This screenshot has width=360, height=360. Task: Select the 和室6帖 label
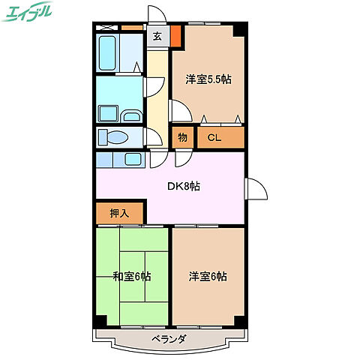(133, 276)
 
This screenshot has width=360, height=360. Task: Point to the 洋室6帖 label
(208, 276)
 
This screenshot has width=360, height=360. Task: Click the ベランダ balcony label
(166, 339)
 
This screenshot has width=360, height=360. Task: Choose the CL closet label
(214, 137)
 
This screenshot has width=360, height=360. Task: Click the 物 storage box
(182, 137)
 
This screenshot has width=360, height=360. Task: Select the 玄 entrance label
(158, 35)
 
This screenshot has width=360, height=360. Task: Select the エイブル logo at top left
(30, 13)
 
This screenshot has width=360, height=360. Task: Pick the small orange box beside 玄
(175, 34)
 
